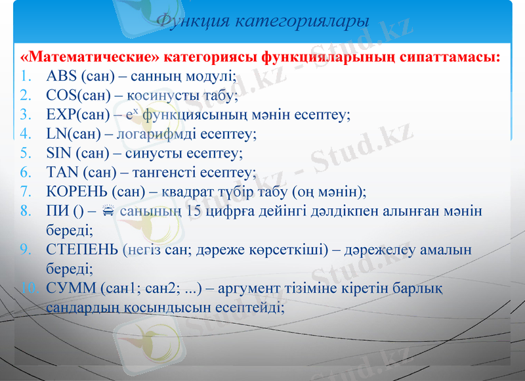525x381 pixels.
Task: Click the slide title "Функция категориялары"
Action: click(x=262, y=21)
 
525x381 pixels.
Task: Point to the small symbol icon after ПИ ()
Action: click(x=109, y=211)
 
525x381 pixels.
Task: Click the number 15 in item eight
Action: click(x=194, y=211)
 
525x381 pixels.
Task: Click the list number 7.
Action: click(x=26, y=192)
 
